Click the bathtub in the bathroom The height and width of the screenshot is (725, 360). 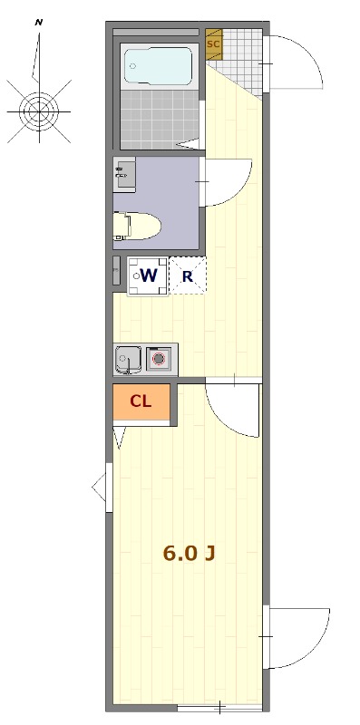point(158,66)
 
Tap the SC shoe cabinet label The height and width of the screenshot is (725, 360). point(213,44)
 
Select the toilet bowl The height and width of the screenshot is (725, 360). point(138,226)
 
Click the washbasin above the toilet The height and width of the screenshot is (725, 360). point(124,174)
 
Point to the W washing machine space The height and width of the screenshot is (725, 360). point(148,276)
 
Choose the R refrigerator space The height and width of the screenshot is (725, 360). point(188,276)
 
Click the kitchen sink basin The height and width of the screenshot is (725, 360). point(127,359)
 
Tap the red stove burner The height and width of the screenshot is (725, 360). point(160,358)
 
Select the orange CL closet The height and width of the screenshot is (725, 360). point(141,401)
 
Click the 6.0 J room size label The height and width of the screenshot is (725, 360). point(189,553)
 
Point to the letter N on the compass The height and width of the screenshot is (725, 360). point(39,22)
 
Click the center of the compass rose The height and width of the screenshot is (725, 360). point(39,111)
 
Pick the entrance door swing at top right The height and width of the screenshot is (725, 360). point(295,63)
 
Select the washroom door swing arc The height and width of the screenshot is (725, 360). point(227,182)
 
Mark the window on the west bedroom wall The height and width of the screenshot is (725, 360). point(109,488)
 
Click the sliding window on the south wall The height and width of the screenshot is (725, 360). point(219,707)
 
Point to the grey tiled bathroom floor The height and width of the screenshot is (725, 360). point(160,120)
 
